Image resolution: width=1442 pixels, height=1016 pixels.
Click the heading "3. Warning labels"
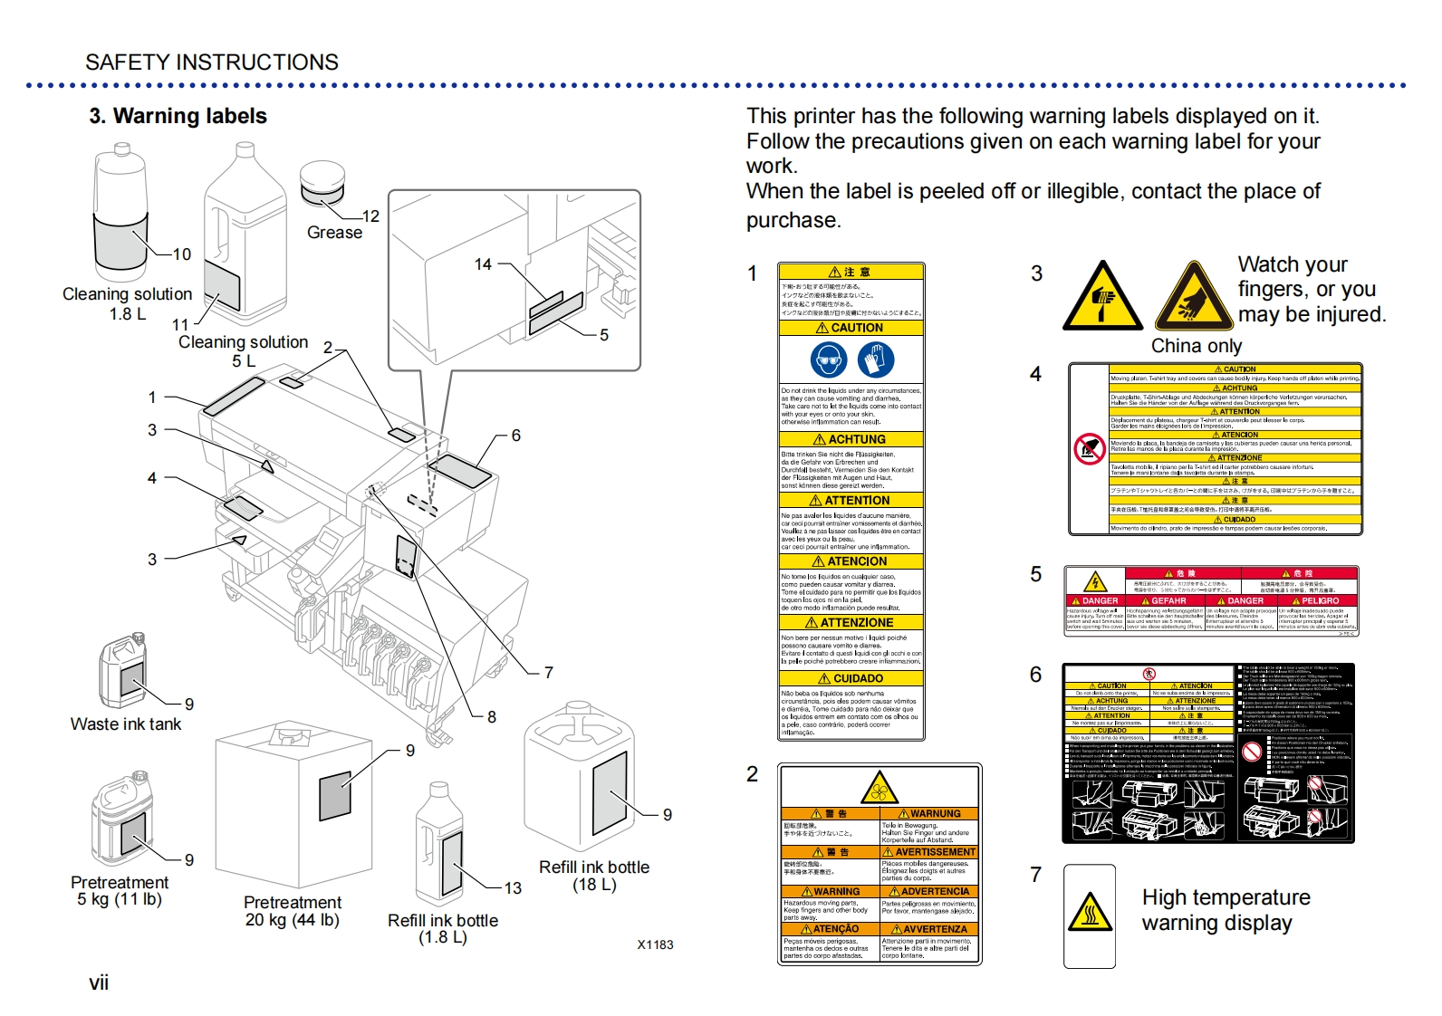click(178, 116)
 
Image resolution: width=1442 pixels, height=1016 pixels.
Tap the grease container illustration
click(322, 184)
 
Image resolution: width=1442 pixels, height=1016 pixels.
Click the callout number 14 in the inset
click(483, 264)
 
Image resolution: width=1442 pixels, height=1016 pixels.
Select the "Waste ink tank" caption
click(126, 724)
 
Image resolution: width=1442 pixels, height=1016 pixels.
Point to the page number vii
click(99, 983)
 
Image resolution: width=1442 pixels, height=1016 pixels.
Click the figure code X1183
click(655, 944)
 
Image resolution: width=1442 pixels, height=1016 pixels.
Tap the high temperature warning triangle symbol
click(1090, 912)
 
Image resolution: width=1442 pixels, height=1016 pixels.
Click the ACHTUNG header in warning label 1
click(851, 439)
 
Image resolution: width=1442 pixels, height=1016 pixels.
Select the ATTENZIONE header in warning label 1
click(851, 623)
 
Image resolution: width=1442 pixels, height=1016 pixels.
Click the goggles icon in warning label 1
click(829, 359)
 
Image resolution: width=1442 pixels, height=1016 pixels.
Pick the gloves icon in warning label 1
click(876, 359)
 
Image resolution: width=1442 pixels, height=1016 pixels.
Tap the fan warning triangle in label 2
click(879, 790)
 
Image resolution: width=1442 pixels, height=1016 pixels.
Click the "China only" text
click(1196, 346)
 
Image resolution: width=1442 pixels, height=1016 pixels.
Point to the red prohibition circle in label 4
click(1090, 448)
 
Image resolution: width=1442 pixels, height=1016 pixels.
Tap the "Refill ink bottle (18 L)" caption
click(594, 876)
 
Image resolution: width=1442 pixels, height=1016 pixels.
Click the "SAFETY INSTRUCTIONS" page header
click(212, 62)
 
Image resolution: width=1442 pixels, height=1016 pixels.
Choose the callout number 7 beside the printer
click(548, 672)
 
